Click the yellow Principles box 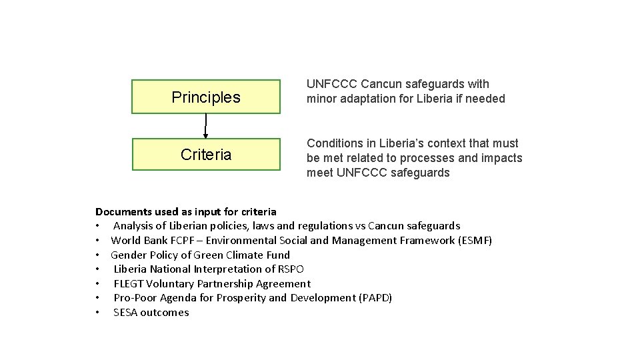(x=205, y=97)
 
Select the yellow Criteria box (x=205, y=155)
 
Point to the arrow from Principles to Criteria (x=205, y=126)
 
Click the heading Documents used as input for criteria (x=185, y=211)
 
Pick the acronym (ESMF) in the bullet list (x=475, y=240)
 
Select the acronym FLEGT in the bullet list (x=129, y=283)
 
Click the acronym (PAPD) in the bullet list (x=375, y=297)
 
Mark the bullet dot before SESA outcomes (x=98, y=312)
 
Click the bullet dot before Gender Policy (x=98, y=255)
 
